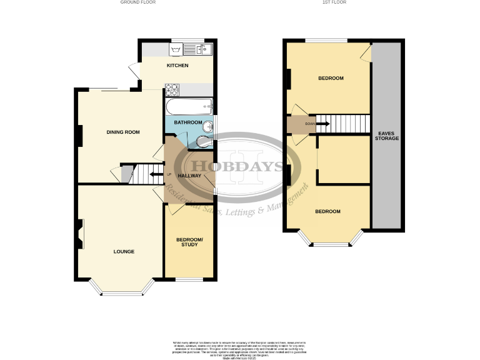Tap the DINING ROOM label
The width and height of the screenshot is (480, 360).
pos(122,132)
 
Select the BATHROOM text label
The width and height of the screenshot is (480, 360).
pos(187,122)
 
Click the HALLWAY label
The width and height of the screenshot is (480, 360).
pos(189,176)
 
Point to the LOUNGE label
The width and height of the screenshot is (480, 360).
pos(124,252)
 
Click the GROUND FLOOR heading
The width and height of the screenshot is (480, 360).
pos(138,2)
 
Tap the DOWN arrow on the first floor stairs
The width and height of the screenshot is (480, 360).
pos(322,124)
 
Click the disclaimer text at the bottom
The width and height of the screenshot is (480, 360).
pos(239,349)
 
